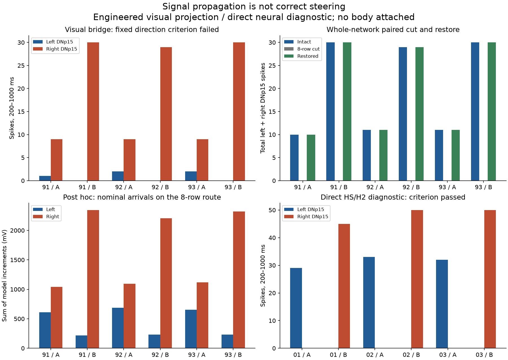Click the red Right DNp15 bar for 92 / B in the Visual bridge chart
[x=166, y=114]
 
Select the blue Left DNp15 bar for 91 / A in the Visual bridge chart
[x=45, y=178]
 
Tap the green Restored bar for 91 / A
[x=311, y=158]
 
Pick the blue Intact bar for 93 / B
[x=475, y=112]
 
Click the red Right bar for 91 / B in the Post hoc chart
[x=93, y=279]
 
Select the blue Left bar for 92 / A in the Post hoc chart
[x=118, y=328]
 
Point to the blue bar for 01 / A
[x=296, y=308]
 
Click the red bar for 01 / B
[x=344, y=286]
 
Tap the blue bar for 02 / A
[x=369, y=303]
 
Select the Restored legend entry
[x=301, y=56]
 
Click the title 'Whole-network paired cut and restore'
[x=393, y=30]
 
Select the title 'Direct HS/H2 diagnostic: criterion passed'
[x=393, y=197]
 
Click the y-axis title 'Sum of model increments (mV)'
[x=4, y=276]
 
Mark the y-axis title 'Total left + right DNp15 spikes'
[x=263, y=108]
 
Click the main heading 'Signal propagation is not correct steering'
[x=254, y=6]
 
